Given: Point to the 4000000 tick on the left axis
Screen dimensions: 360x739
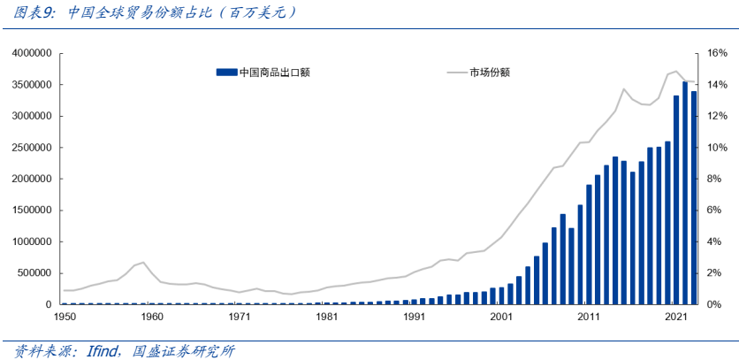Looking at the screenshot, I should [29, 54].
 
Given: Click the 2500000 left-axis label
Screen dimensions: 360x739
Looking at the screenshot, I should [29, 148].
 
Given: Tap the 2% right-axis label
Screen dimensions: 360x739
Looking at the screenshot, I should [714, 273].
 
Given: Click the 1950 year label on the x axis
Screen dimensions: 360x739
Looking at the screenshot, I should [65, 316].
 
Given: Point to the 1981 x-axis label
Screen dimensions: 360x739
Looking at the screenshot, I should [327, 316].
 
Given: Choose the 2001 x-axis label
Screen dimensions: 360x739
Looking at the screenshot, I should [501, 316].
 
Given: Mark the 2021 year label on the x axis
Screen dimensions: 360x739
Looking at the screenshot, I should [675, 316].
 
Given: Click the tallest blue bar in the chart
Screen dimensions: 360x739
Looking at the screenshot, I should [685, 193].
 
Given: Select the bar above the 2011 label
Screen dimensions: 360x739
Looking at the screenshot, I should [589, 244].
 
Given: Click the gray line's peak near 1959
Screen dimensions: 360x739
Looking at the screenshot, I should [143, 262].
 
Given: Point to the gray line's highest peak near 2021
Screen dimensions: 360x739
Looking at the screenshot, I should [675, 71].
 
